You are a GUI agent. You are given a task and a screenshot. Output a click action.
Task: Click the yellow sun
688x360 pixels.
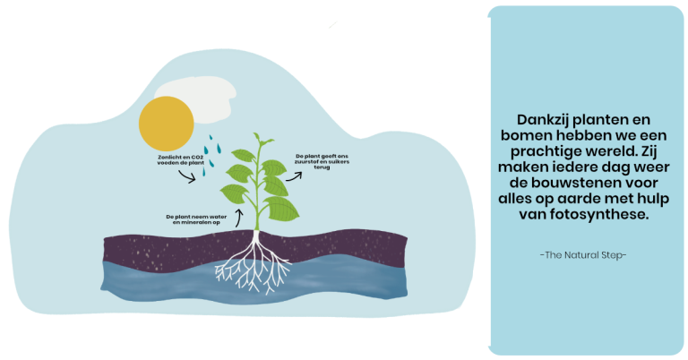[x=167, y=124]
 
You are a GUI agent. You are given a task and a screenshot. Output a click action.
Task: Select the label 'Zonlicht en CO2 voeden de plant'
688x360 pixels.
[x=181, y=160]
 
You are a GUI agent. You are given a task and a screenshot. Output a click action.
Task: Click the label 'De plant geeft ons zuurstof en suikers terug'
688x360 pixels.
[x=322, y=161]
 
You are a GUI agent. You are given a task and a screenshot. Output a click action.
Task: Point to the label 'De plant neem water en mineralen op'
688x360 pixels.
[x=196, y=219]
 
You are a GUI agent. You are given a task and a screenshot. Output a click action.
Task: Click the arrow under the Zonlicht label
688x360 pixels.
[x=187, y=176]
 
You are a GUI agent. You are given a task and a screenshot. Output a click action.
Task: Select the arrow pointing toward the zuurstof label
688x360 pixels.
[x=294, y=176]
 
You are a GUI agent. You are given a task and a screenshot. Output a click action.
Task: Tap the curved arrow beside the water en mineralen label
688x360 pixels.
[x=238, y=218]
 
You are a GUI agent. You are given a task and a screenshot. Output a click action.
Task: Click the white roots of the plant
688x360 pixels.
[x=254, y=264]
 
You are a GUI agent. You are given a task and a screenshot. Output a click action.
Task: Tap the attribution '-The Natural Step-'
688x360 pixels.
[x=583, y=255]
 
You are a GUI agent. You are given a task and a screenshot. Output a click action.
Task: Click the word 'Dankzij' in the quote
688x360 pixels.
[x=543, y=120]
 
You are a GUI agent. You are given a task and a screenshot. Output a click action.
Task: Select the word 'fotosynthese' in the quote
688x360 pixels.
[x=599, y=214]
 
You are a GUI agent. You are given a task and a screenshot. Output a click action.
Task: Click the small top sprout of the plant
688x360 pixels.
[x=262, y=141]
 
